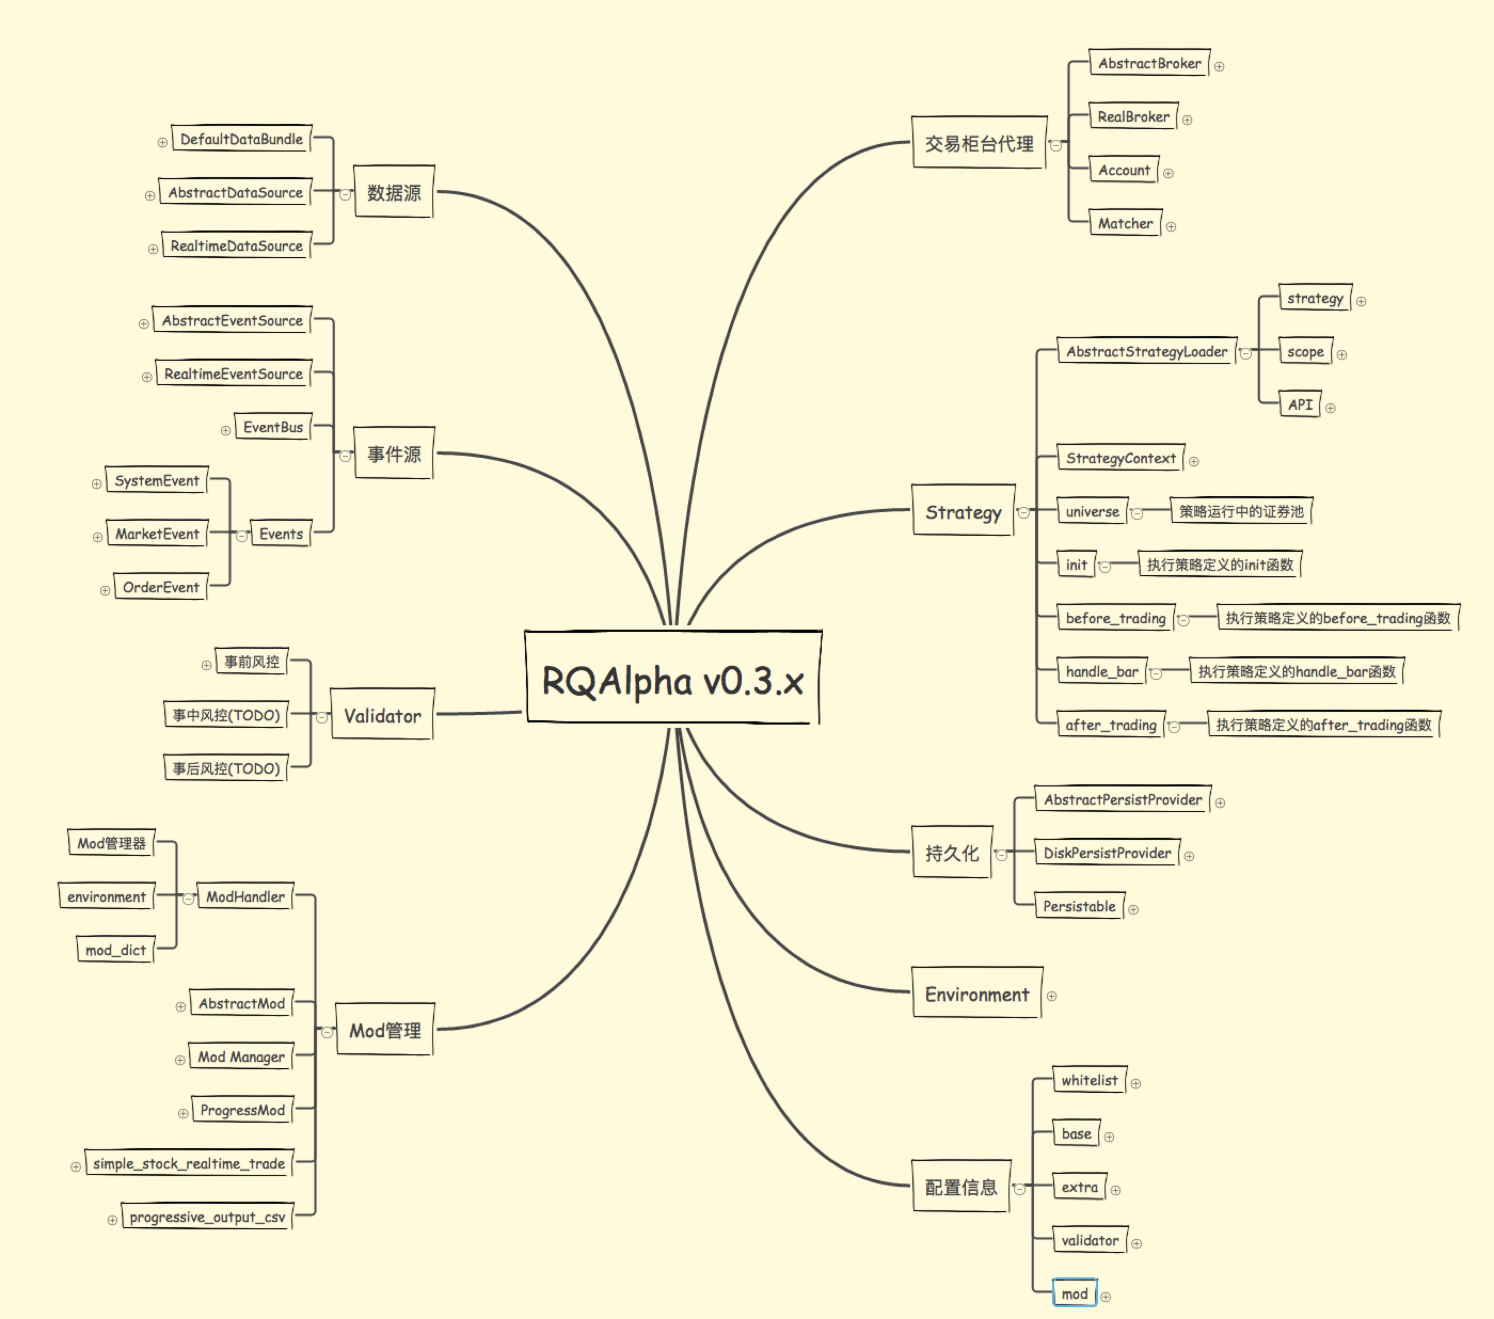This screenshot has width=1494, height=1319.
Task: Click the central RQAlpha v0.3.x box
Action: pyautogui.click(x=672, y=678)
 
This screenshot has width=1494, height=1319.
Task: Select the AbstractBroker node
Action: pyautogui.click(x=1149, y=63)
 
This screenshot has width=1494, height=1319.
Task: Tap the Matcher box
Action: pyautogui.click(x=1125, y=224)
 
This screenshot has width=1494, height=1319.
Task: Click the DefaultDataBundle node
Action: pyautogui.click(x=241, y=139)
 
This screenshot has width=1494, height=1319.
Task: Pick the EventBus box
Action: pyautogui.click(x=273, y=427)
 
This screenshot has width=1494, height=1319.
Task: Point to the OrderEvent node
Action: pyautogui.click(x=161, y=587)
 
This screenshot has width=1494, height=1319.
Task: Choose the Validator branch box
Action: pyautogui.click(x=382, y=716)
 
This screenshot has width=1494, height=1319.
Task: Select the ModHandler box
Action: pyautogui.click(x=245, y=896)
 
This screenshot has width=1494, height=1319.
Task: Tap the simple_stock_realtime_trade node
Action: pyautogui.click(x=188, y=1163)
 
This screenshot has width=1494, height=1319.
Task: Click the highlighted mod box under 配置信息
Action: pyautogui.click(x=1075, y=1294)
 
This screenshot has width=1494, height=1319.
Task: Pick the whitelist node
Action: pyautogui.click(x=1089, y=1080)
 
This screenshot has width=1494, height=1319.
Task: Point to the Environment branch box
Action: pyautogui.click(x=976, y=995)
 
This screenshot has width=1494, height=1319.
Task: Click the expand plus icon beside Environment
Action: pyautogui.click(x=1052, y=996)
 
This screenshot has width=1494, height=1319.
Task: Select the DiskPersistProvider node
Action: pyautogui.click(x=1107, y=853)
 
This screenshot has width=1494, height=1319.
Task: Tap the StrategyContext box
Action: pyautogui.click(x=1120, y=458)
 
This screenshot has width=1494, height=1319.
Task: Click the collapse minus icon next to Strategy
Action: pyautogui.click(x=1024, y=513)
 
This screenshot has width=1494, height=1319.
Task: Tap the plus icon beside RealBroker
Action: pyautogui.click(x=1187, y=120)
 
